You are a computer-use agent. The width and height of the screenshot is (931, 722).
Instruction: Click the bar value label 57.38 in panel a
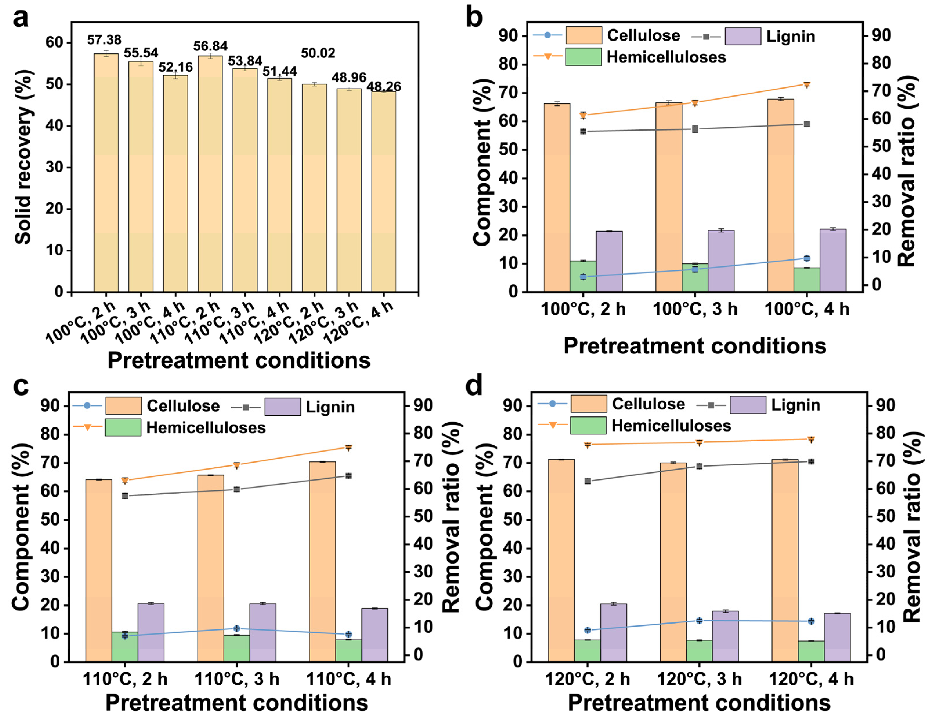tap(104, 40)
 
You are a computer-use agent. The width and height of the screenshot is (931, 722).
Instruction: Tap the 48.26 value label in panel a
tap(384, 86)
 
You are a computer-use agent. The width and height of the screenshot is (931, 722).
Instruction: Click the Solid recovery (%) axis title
tap(24, 157)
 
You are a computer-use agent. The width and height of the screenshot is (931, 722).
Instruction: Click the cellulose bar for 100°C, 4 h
tap(780, 195)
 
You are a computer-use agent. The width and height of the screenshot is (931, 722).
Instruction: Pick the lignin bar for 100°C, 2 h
tap(609, 261)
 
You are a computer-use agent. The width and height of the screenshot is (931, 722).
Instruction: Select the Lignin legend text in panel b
tap(791, 36)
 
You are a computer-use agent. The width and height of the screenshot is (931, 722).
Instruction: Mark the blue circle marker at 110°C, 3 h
tap(237, 629)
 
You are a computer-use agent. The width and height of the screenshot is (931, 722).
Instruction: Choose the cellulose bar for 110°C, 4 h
tap(322, 562)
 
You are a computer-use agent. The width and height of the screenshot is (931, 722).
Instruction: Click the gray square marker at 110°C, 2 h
tap(125, 496)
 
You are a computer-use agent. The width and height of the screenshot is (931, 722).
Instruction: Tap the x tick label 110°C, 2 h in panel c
tap(125, 679)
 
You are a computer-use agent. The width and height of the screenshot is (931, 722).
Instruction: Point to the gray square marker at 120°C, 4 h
tap(811, 461)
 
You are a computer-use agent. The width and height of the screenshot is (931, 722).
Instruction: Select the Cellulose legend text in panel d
tap(649, 404)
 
